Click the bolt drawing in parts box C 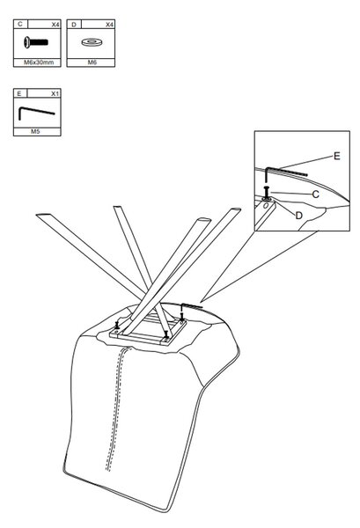point(36,42)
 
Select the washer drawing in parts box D point(91,42)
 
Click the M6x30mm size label point(39,62)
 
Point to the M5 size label point(35,132)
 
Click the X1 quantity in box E point(55,93)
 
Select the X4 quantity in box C point(55,25)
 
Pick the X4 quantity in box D point(109,25)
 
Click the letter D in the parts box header point(74,25)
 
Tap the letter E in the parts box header point(19,93)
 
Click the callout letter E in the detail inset point(336,156)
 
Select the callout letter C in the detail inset point(315,194)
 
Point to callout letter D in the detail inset point(298,216)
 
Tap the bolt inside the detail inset point(267,193)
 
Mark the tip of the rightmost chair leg point(235,209)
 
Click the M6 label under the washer point(92,62)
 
